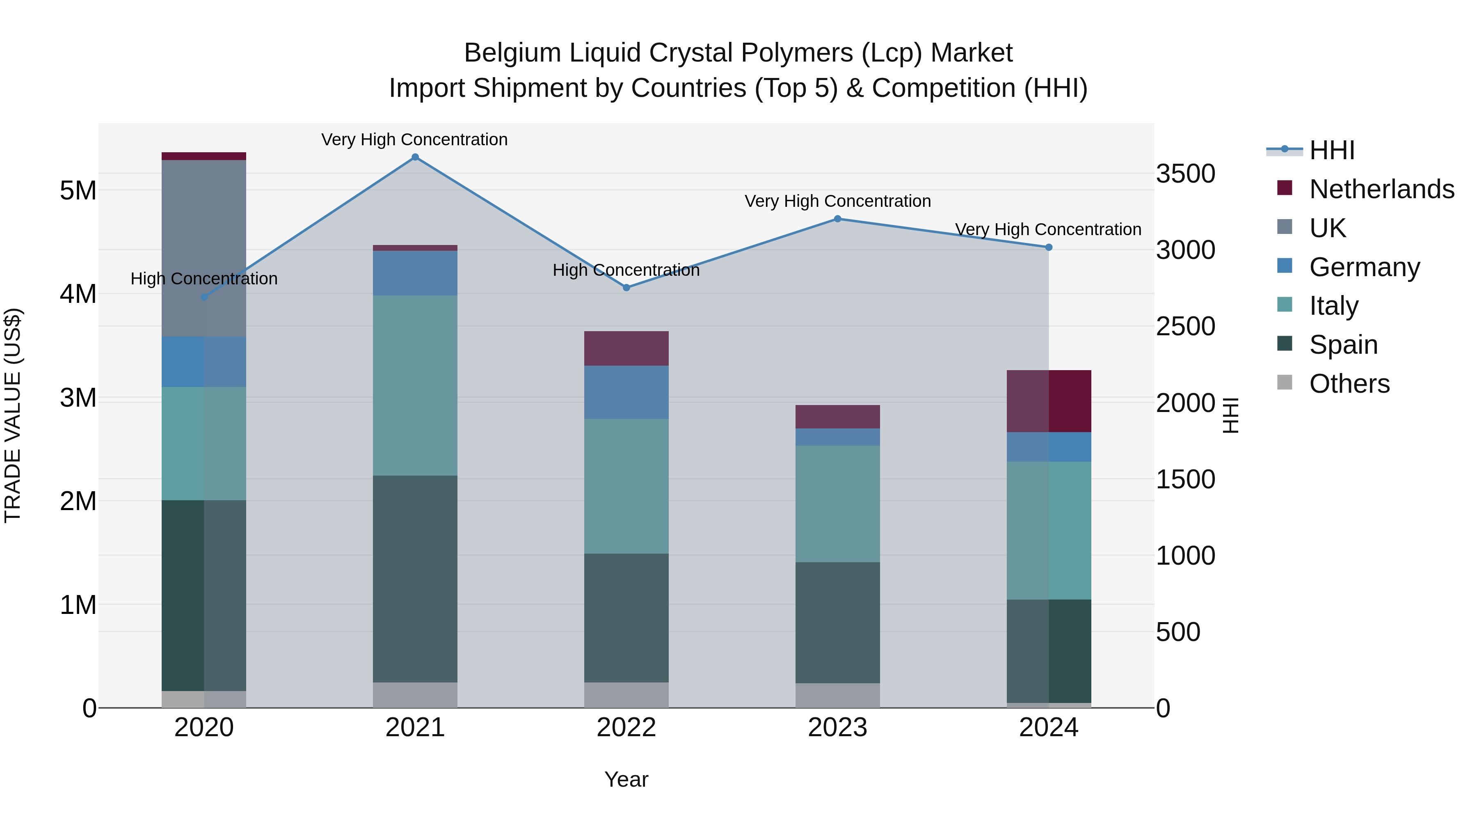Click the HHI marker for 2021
tap(415, 157)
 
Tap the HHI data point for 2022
tap(626, 287)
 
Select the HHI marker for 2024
tap(1049, 247)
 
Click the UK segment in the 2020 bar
tap(204, 248)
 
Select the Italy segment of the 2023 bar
tap(838, 504)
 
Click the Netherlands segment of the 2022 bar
tap(626, 348)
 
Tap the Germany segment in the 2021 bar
tap(415, 273)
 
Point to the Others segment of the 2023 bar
tap(838, 695)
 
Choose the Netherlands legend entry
tap(1381, 189)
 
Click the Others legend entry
tap(1349, 384)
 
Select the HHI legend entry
tap(1331, 150)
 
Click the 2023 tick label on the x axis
tap(838, 728)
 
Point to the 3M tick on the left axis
tap(78, 397)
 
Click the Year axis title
tap(626, 779)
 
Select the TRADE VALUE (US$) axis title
tap(13, 415)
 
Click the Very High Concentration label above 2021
tap(414, 140)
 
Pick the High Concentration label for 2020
tap(204, 279)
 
